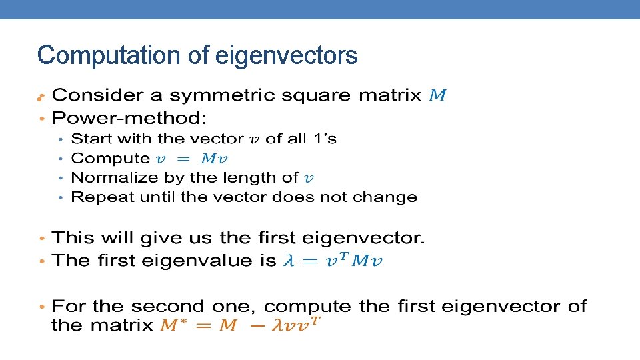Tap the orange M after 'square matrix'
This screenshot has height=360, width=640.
(437, 95)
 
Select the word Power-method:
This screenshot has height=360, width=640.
(129, 119)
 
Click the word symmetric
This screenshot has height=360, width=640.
(213, 95)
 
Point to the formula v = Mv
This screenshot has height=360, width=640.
(192, 159)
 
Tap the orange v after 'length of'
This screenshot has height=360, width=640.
(308, 178)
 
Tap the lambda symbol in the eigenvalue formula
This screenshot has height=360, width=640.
(289, 261)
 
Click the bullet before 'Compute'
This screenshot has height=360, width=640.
(61, 159)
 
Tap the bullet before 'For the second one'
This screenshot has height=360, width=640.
(42, 307)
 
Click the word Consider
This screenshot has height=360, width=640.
(98, 95)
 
